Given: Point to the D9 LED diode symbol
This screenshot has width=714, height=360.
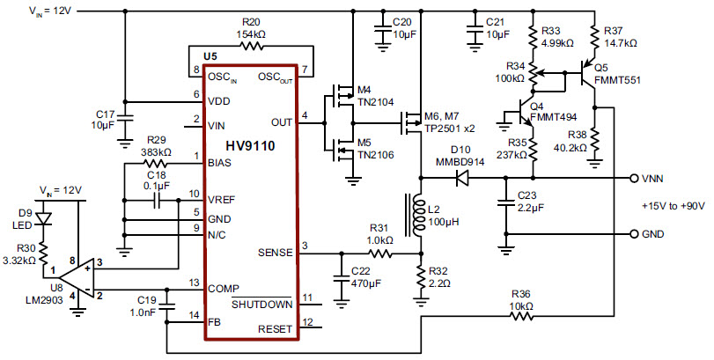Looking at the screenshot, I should (x=47, y=220).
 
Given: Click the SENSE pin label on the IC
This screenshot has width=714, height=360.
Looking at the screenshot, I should (x=274, y=252).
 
